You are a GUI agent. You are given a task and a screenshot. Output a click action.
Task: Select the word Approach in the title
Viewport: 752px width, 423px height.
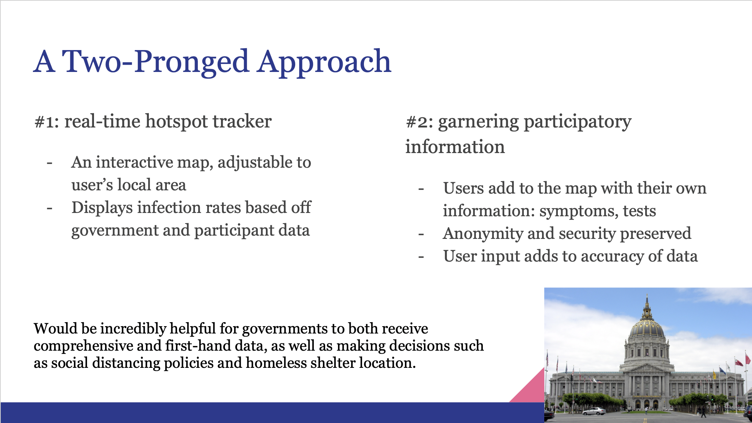324,62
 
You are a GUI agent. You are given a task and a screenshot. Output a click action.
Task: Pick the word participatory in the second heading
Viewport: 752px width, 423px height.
578,122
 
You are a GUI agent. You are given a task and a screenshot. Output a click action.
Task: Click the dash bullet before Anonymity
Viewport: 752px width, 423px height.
421,234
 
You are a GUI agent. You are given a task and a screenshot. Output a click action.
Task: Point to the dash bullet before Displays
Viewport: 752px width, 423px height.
50,208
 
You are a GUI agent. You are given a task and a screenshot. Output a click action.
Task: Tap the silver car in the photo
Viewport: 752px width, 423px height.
594,411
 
